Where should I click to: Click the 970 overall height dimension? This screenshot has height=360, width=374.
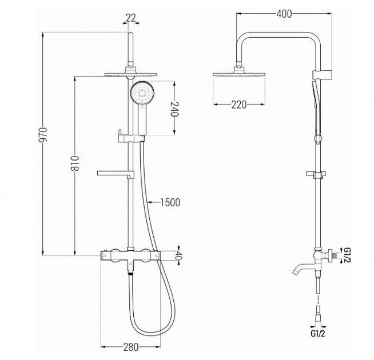pos(43,135)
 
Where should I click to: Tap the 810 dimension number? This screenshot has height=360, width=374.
pos(75,163)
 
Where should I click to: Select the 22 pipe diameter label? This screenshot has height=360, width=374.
pos(131,18)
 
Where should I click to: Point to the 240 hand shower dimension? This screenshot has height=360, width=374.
pos(174,109)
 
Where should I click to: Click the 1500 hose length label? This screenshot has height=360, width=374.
pos(170,202)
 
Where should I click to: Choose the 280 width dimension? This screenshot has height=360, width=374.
pos(131,347)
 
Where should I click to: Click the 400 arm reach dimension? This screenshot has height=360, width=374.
pos(284,14)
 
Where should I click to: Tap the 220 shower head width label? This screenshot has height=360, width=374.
pos(239,105)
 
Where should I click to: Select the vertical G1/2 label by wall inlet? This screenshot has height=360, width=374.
pos(347,255)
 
